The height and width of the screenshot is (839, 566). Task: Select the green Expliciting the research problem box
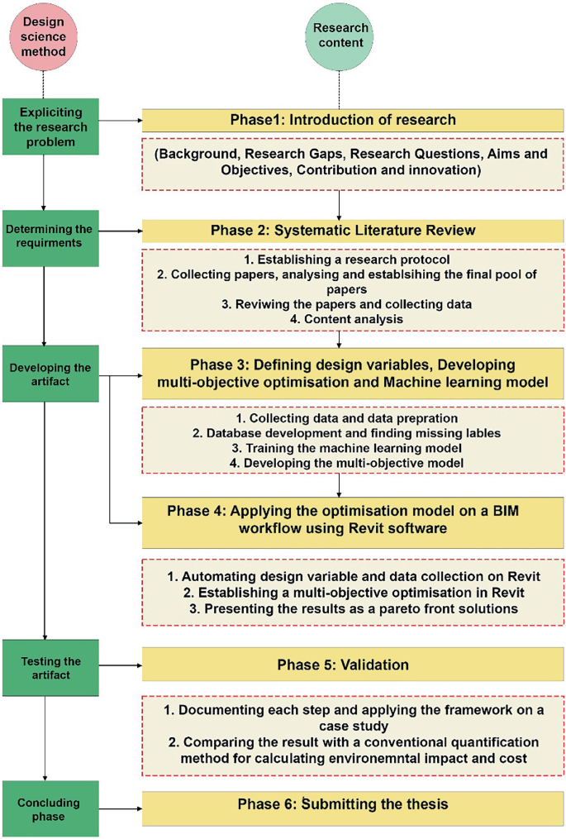tap(50, 126)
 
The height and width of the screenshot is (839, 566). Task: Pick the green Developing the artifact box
tap(50, 373)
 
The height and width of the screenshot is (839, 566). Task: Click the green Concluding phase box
tap(50, 808)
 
